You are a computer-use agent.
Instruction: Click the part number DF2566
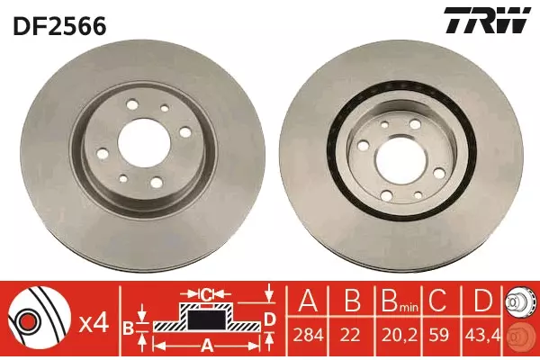coord(59,26)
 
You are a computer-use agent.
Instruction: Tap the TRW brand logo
coord(487,21)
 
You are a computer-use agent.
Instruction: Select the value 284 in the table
coord(308,335)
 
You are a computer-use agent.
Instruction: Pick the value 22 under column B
coord(352,335)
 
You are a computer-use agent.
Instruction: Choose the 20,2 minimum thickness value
coord(398,335)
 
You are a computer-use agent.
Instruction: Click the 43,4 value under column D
coord(481,335)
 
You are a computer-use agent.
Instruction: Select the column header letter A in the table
coord(308,301)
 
